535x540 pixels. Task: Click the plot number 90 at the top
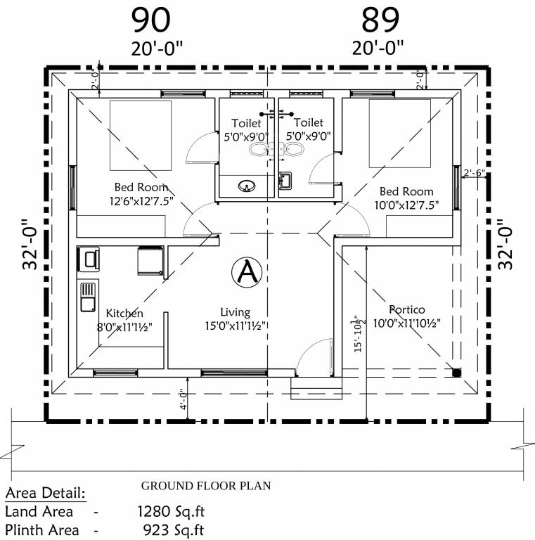click(x=150, y=20)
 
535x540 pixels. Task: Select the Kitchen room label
click(x=124, y=314)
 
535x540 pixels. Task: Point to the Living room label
click(x=235, y=313)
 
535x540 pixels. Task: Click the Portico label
click(x=407, y=309)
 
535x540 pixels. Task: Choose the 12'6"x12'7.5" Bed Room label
click(x=141, y=187)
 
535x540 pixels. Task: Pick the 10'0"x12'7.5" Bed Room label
click(x=406, y=191)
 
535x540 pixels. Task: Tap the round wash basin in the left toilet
click(x=247, y=186)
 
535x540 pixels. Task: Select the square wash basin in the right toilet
click(x=285, y=181)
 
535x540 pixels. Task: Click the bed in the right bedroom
click(x=399, y=134)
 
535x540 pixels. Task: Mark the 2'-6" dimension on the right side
click(x=474, y=172)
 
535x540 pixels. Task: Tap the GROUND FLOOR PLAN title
click(x=206, y=486)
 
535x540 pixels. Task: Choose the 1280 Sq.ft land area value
click(x=172, y=510)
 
